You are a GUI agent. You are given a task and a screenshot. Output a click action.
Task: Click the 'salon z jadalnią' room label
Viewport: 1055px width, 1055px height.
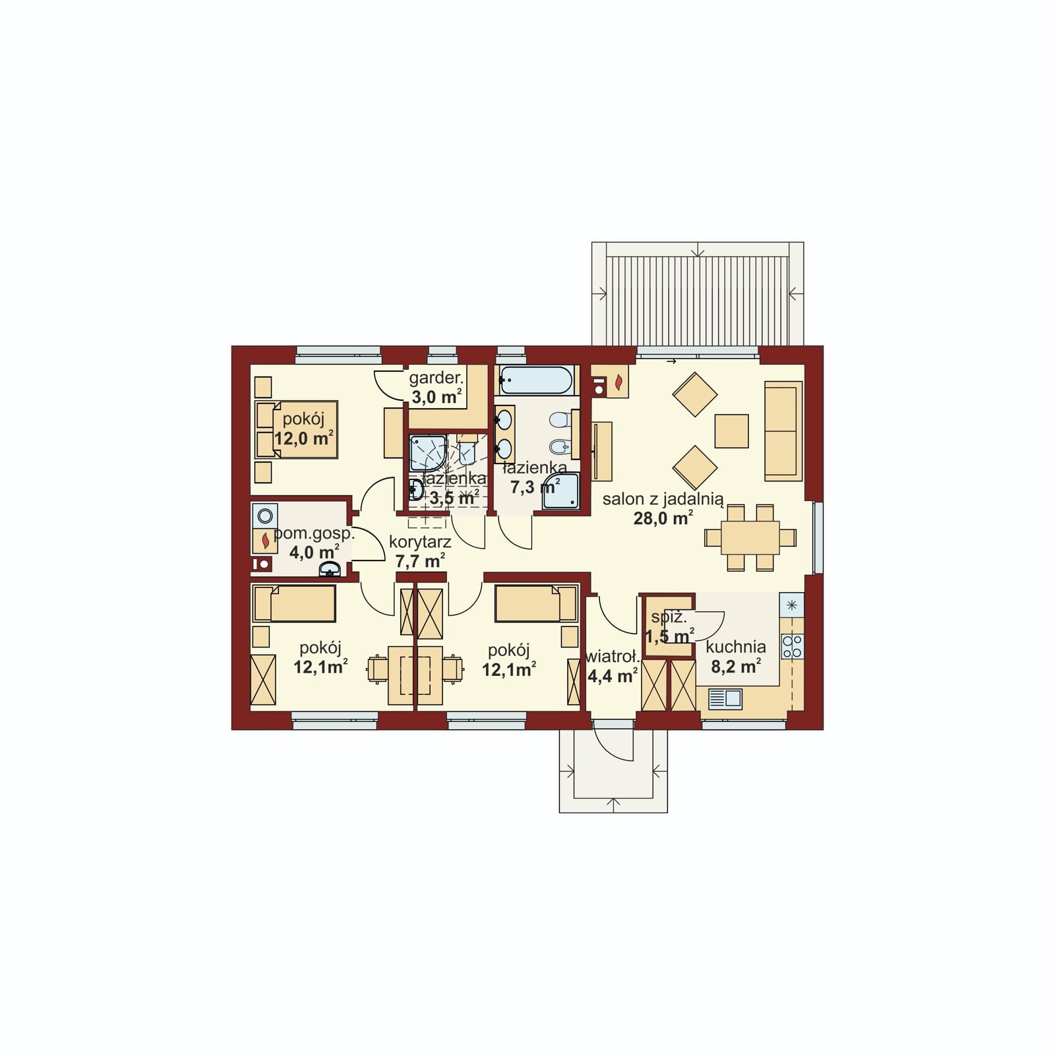pyautogui.click(x=663, y=499)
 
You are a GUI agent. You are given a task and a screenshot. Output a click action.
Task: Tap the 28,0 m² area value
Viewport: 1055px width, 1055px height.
pyautogui.click(x=663, y=518)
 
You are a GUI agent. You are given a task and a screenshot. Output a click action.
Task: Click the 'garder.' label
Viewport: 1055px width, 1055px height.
pyautogui.click(x=437, y=378)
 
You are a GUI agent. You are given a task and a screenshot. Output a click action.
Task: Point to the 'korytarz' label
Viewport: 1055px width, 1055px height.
pyautogui.click(x=420, y=543)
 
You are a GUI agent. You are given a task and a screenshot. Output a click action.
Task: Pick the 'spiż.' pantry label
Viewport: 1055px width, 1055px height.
pyautogui.click(x=669, y=618)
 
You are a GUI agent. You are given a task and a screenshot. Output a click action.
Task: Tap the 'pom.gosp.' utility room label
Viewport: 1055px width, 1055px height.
pyautogui.click(x=314, y=534)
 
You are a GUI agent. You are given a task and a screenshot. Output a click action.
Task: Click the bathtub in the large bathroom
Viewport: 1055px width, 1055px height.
pyautogui.click(x=535, y=380)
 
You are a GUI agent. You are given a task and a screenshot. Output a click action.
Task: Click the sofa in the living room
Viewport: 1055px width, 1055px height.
pyautogui.click(x=783, y=431)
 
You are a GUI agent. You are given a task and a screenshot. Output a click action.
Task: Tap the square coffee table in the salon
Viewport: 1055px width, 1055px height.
pyautogui.click(x=732, y=431)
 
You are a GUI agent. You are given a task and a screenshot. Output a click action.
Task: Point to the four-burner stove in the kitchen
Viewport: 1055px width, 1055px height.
pyautogui.click(x=792, y=646)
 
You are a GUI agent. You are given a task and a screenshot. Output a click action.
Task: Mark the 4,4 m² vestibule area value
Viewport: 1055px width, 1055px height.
pyautogui.click(x=611, y=675)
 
